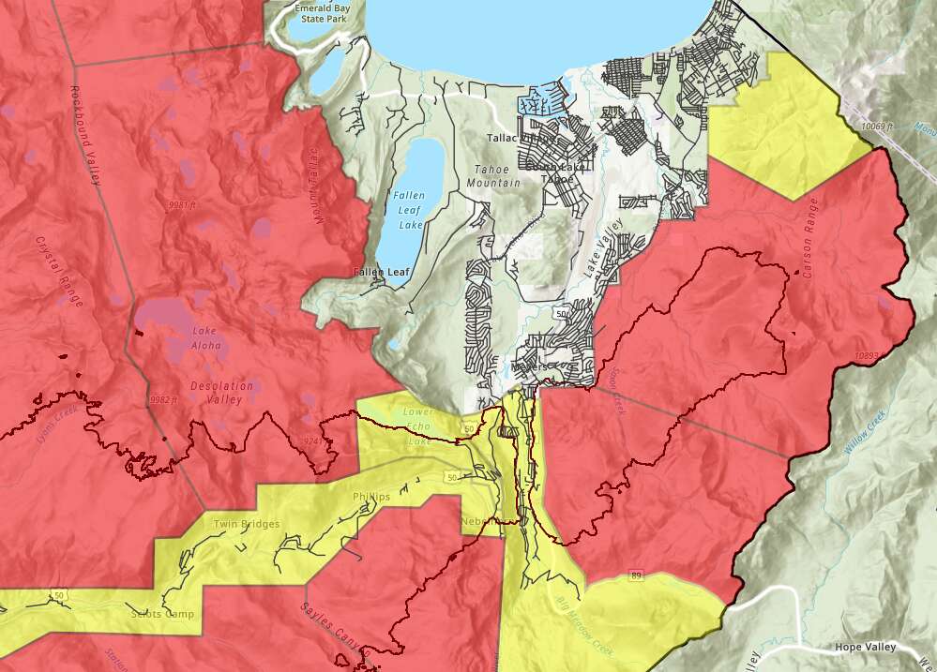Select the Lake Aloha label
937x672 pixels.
[206, 337]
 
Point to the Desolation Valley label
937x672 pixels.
[221, 393]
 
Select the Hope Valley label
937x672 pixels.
[866, 648]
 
